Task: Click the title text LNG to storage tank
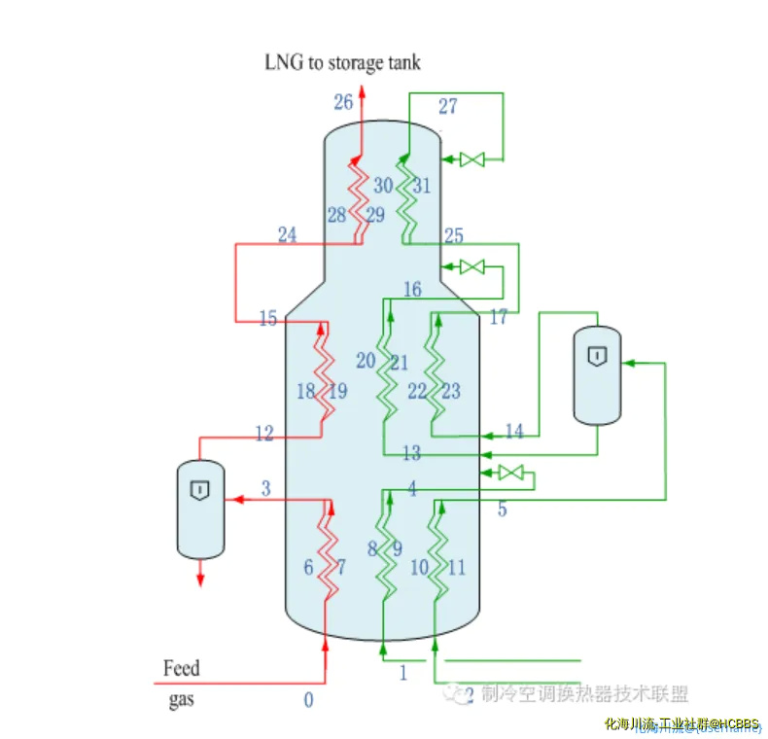coord(342,62)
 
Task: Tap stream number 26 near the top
coord(343,102)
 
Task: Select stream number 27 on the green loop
coord(447,106)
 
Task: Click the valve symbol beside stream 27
coord(473,159)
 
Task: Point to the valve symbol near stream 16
coord(473,265)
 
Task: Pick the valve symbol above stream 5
coord(510,474)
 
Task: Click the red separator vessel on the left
coord(200,509)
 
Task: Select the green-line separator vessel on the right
coord(598,374)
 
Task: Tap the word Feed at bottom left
coord(182,668)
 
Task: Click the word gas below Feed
coord(182,699)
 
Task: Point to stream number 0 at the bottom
coord(309,700)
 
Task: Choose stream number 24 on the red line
coord(287,235)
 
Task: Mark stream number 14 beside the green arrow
coord(513,431)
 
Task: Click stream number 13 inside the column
coord(411,453)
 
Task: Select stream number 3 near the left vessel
coord(265,487)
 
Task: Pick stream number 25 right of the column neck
coord(453,236)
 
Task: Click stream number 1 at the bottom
coord(403,671)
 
